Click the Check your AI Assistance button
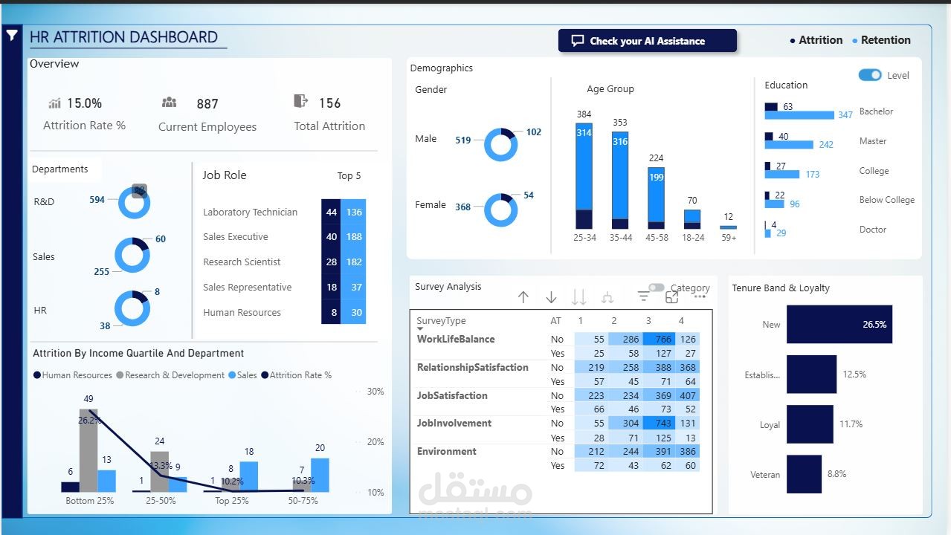coord(647,41)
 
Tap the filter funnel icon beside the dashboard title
coord(12,35)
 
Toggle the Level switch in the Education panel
coord(870,75)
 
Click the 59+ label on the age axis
coord(729,238)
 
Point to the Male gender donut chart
coord(500,144)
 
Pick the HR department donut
coord(132,308)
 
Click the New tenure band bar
coord(839,325)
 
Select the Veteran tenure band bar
coord(804,474)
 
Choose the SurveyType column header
coord(441,321)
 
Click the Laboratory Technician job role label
coord(250,213)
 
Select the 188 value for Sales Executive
coord(354,237)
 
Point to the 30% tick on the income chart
coord(375,392)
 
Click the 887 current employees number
coord(207,104)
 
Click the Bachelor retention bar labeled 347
coord(799,115)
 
